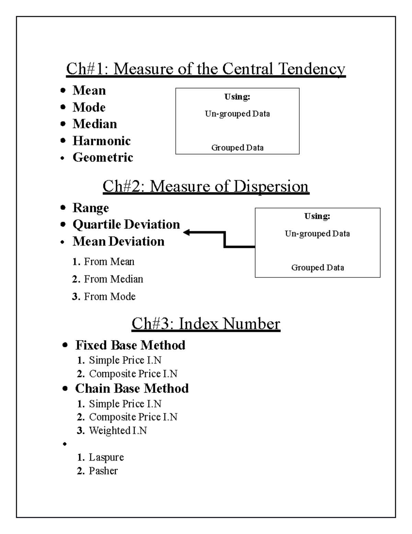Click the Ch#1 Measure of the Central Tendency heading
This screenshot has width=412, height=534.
pos(206,69)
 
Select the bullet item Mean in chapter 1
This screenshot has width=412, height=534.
pos(89,90)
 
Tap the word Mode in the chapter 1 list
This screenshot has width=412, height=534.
pos(89,107)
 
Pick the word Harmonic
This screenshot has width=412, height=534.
pos(101,141)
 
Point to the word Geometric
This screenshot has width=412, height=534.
pos(103,157)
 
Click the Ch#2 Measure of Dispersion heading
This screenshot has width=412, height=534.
pos(206,186)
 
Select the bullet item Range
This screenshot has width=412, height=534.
pos(91,208)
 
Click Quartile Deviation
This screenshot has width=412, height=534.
pos(126,225)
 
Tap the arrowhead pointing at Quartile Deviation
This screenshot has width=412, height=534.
pos(186,233)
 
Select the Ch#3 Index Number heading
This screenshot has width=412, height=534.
pos(206,324)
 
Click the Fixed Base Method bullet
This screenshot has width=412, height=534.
pos(130,345)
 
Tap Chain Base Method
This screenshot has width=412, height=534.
pos(132,388)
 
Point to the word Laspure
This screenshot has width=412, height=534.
pos(106,457)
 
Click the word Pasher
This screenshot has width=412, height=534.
pos(103,471)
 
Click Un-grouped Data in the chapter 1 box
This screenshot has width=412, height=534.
pos(237,114)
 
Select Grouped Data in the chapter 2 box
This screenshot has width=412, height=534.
pos(317,268)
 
